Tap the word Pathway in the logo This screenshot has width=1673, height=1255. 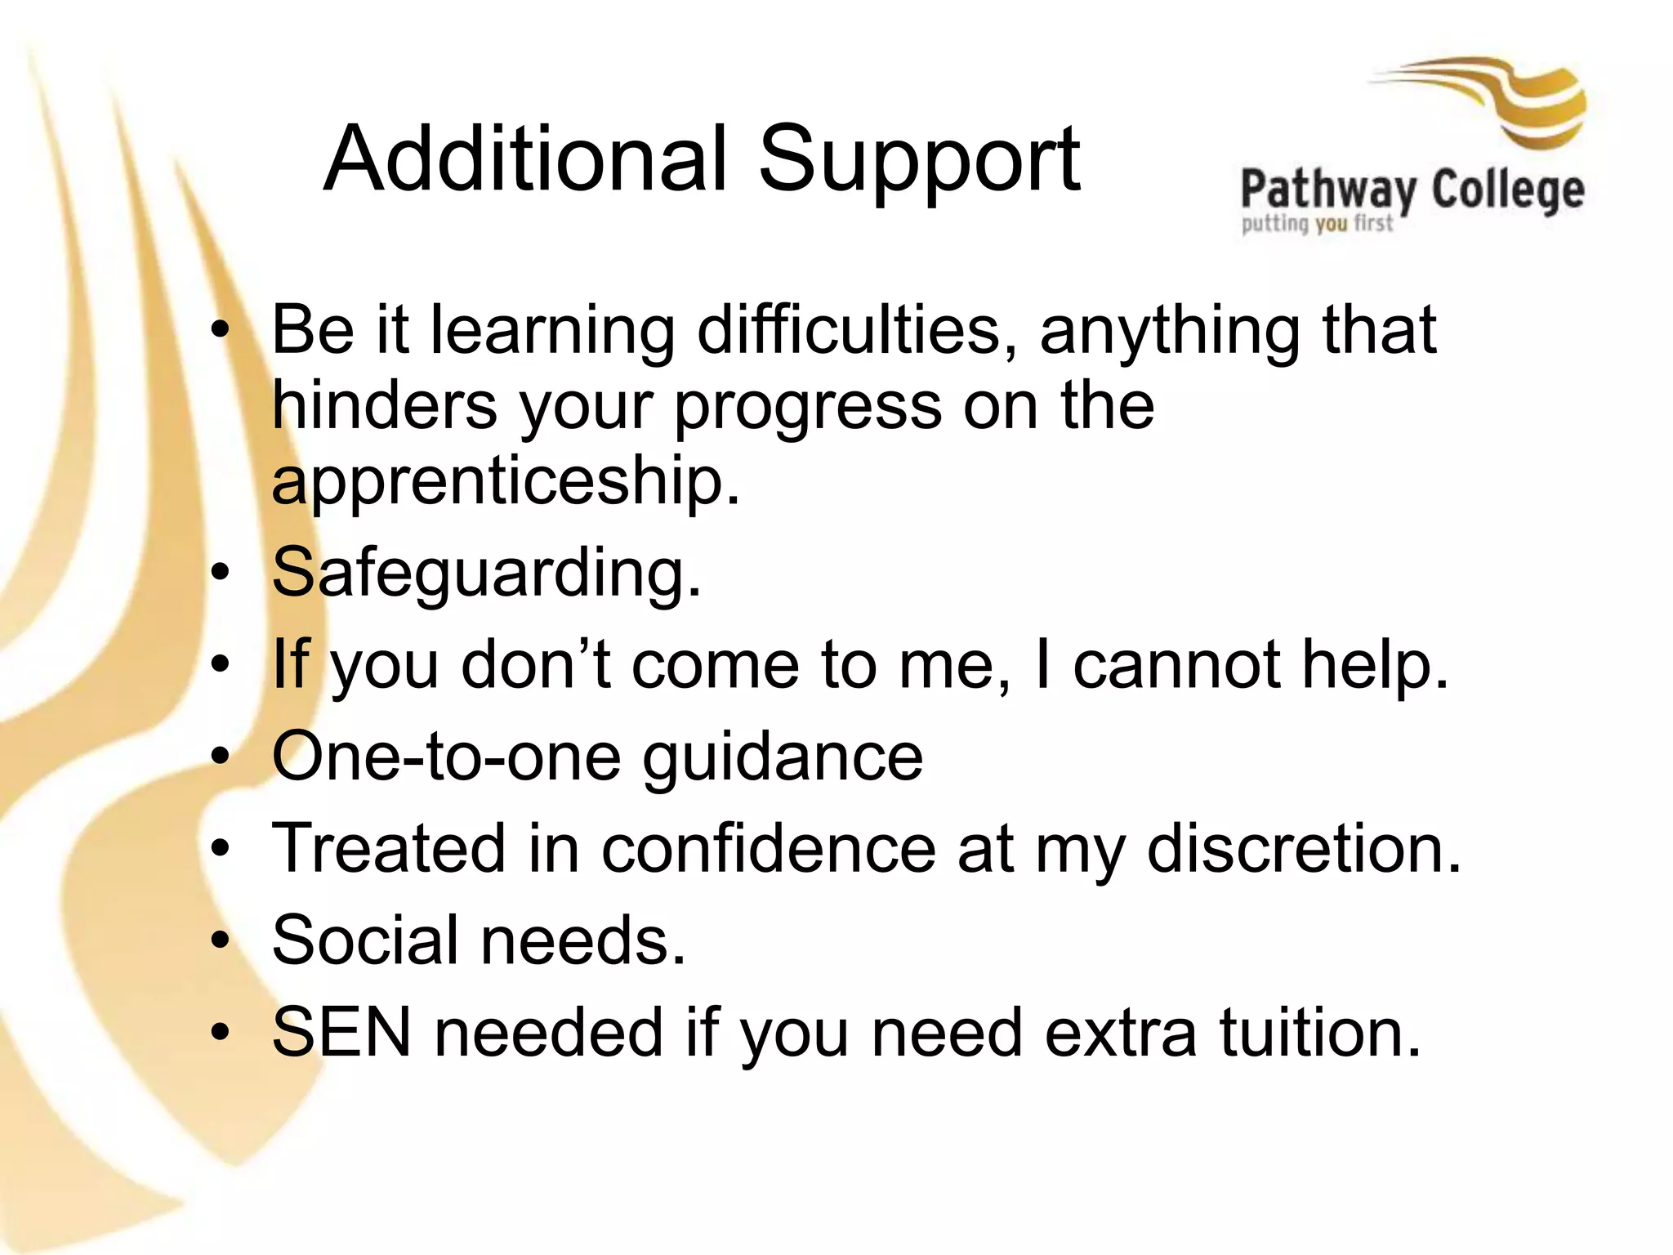[x=1328, y=190]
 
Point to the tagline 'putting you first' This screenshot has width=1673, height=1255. [x=1316, y=223]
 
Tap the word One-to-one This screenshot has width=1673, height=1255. [x=446, y=757]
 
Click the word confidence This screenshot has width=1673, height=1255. [x=768, y=849]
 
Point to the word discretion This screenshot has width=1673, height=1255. [x=1304, y=849]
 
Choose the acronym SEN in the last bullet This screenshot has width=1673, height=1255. [x=341, y=1033]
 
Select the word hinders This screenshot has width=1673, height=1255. [x=384, y=405]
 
